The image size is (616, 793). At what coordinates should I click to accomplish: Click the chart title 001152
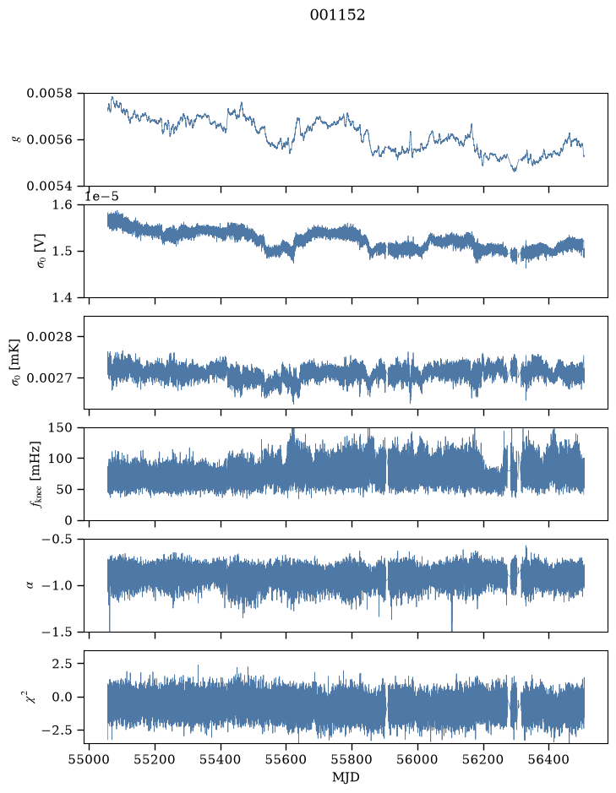337,15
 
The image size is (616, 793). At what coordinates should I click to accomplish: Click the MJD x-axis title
346,777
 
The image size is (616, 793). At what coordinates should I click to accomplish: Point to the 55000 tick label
89,759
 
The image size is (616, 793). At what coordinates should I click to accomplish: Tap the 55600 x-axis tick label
286,759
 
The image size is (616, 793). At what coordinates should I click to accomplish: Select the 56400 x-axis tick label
549,759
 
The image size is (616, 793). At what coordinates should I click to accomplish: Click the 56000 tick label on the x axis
418,759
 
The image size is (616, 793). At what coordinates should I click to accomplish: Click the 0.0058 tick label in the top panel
49,94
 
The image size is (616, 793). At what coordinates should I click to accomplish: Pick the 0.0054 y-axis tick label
49,186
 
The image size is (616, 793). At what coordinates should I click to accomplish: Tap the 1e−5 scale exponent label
101,196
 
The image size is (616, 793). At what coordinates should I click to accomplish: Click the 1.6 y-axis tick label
63,205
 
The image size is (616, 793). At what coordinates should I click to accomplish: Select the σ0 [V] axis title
41,251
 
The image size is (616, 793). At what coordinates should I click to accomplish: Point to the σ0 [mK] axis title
17,362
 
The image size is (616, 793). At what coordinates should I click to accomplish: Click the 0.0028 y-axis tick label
49,337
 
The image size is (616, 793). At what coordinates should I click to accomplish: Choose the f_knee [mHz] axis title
35,474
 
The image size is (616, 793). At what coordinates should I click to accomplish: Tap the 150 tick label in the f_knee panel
60,428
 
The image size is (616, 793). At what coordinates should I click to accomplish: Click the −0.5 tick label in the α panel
57,539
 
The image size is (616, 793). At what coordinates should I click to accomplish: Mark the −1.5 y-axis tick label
57,633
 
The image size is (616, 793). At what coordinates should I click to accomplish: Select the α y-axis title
30,585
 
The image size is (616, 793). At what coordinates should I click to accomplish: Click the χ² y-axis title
31,697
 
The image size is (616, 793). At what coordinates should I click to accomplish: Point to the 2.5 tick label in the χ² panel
63,664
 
